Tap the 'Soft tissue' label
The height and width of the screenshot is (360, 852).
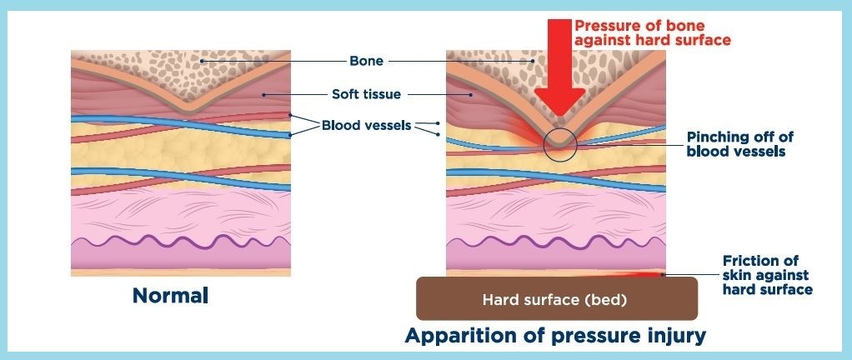point(367,95)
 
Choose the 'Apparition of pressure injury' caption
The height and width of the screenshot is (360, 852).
point(555,337)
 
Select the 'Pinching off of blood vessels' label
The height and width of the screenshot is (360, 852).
point(735,144)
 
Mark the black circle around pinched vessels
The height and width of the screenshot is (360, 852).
point(559,144)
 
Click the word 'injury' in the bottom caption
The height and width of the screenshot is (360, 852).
point(676,337)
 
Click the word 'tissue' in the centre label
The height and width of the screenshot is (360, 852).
point(383,95)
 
